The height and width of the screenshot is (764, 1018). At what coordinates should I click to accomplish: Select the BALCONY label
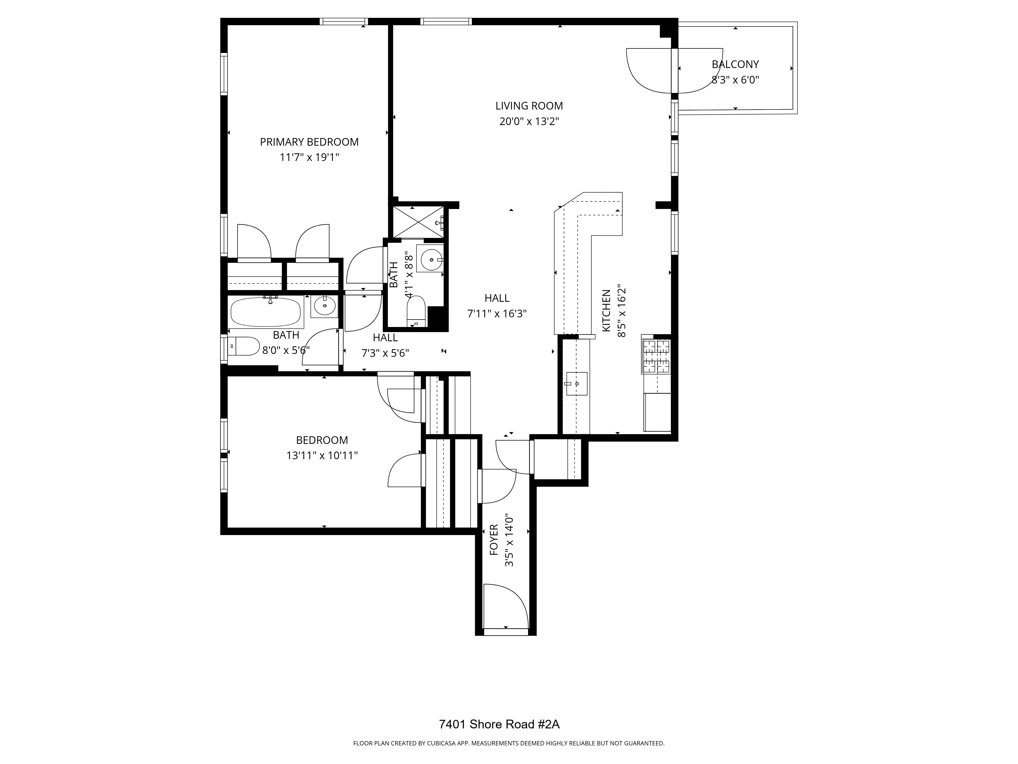pos(735,64)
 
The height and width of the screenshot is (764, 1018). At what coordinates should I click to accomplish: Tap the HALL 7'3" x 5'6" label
pos(385,337)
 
